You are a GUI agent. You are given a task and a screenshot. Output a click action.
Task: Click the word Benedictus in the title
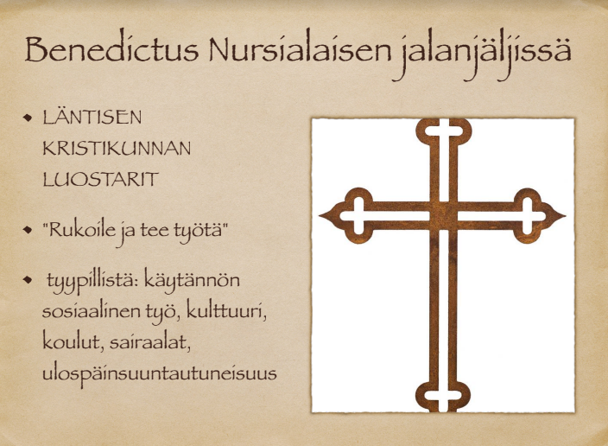coord(112,49)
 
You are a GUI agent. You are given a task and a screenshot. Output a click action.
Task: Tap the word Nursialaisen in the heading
coord(301,49)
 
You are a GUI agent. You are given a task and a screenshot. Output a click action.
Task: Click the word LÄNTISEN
coord(92,117)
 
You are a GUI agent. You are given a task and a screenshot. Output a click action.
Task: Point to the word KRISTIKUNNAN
coord(117,149)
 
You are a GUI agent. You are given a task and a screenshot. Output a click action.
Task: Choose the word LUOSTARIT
coord(101,179)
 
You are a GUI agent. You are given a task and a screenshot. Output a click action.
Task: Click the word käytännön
coord(192,281)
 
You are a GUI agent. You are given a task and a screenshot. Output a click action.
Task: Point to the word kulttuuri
coord(226,311)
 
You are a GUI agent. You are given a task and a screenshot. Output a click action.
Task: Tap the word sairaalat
coord(149,343)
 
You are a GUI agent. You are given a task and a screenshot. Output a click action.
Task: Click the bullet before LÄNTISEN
coord(28,117)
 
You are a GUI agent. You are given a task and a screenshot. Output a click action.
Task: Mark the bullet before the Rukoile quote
coord(28,229)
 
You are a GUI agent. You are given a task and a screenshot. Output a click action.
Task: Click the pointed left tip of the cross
coord(320,215)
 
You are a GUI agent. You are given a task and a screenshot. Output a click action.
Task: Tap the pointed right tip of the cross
coord(565,215)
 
